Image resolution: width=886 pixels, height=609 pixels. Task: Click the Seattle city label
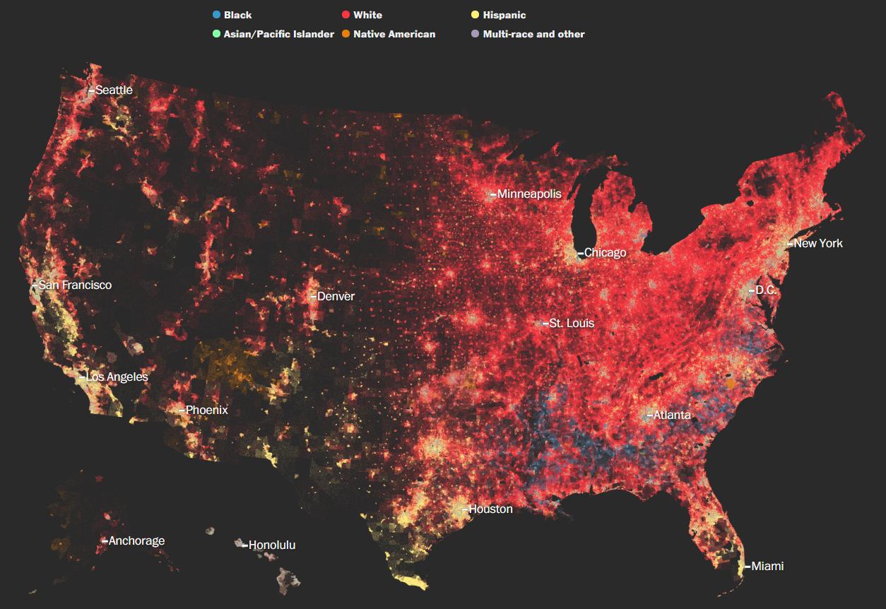(114, 90)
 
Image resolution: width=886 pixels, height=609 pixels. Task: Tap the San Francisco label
(75, 285)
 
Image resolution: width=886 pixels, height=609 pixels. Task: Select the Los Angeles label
(117, 377)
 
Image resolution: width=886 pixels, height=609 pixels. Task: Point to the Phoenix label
(206, 410)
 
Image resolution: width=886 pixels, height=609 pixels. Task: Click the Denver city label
(336, 296)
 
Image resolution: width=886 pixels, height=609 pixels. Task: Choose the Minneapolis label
(529, 194)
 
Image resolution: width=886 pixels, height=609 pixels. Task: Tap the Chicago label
(605, 252)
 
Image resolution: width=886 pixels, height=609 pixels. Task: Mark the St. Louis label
(572, 323)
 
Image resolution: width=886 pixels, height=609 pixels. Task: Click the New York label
(818, 243)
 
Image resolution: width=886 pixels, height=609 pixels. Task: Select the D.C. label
(766, 290)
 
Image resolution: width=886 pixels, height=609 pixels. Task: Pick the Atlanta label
(672, 415)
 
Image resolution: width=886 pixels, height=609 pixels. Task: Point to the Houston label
(490, 509)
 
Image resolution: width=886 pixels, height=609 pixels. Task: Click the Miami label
(767, 566)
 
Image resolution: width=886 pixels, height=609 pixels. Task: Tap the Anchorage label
(136, 540)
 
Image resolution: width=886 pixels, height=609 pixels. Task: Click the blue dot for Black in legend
(215, 15)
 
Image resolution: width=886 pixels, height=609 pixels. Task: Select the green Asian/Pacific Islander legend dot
(215, 34)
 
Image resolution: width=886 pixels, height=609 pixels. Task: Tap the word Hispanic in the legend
(504, 15)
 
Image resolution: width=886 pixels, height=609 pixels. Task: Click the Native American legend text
(394, 34)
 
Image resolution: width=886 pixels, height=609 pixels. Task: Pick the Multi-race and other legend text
(533, 34)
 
